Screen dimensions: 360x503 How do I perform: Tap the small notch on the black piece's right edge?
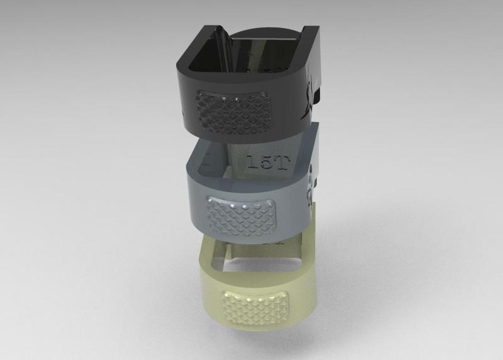pos(319,94)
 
